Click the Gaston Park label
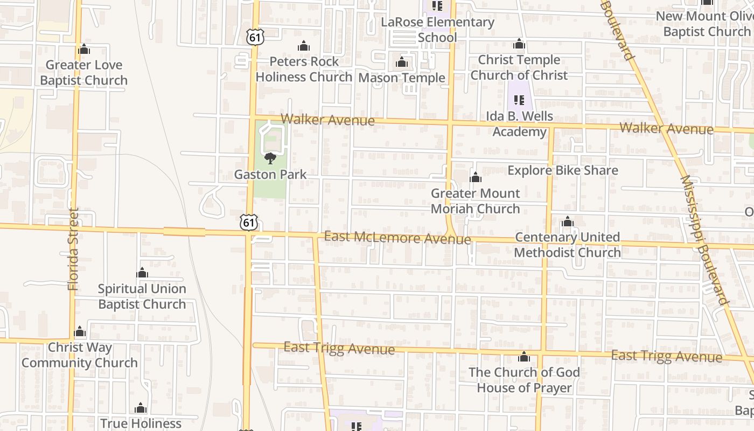[x=270, y=175]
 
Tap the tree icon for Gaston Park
[x=270, y=158]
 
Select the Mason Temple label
[x=402, y=78]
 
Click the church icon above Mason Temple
[x=402, y=62]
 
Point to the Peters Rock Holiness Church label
[x=304, y=69]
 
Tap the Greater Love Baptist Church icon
[x=83, y=50]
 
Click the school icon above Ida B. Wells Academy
[x=519, y=100]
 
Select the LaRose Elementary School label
[x=437, y=30]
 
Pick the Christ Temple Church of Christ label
[x=519, y=67]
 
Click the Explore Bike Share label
[x=563, y=171]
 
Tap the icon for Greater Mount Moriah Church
[x=476, y=177]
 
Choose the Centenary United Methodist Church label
[x=568, y=245]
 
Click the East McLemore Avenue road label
[x=397, y=238]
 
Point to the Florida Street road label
[x=74, y=249]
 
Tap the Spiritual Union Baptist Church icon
[x=142, y=273]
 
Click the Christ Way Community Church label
[x=80, y=355]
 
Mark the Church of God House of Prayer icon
[x=524, y=357]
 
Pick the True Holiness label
[x=141, y=423]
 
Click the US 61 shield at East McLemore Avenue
[x=249, y=223]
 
